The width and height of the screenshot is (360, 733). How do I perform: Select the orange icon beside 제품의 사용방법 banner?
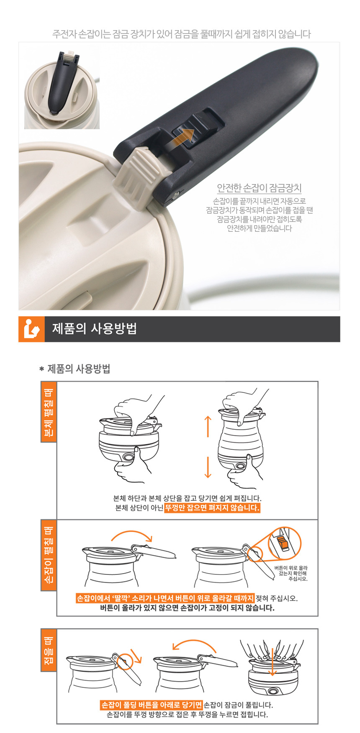pyautogui.click(x=32, y=329)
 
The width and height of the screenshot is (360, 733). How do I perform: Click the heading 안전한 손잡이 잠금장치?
pyautogui.click(x=259, y=188)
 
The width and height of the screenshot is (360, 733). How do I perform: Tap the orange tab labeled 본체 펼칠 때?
pyautogui.click(x=49, y=411)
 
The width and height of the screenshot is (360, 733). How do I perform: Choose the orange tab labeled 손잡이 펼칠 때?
pyautogui.click(x=49, y=555)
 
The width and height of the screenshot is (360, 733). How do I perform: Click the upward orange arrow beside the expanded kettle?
pyautogui.click(x=208, y=426)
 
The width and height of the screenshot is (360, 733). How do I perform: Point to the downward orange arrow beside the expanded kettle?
pyautogui.click(x=208, y=467)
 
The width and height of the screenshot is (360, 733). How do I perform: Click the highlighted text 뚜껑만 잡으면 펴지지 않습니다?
pyautogui.click(x=212, y=508)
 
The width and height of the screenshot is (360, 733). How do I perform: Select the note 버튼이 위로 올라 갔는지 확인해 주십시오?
pyautogui.click(x=291, y=573)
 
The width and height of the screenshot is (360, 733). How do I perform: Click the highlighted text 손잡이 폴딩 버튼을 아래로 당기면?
pyautogui.click(x=152, y=705)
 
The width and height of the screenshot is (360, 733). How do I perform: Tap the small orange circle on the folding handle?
pyautogui.click(x=124, y=661)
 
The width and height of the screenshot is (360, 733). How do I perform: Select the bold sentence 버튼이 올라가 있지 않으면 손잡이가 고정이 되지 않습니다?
pyautogui.click(x=187, y=608)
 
